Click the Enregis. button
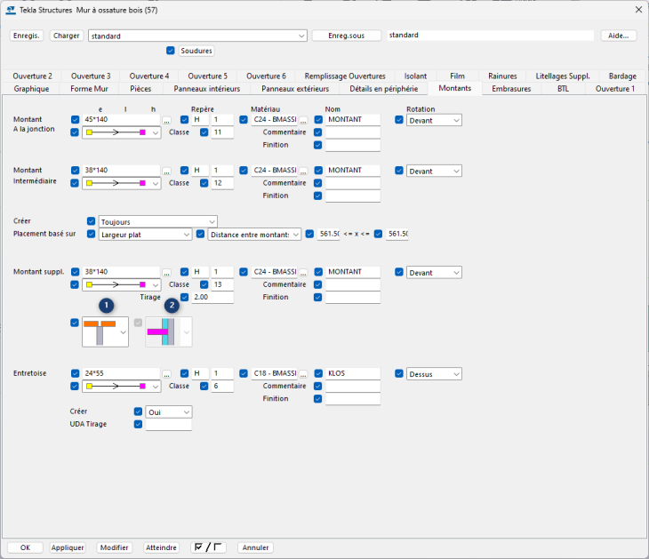[27, 36]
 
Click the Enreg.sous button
[347, 36]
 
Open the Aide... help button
[619, 36]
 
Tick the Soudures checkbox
[171, 51]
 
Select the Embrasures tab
[511, 89]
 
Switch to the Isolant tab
[415, 76]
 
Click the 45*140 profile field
[121, 120]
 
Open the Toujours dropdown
[157, 221]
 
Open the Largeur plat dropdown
[145, 234]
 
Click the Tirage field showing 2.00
[213, 297]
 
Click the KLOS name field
[353, 373]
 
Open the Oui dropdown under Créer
[169, 412]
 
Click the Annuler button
[255, 547]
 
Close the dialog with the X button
[637, 9]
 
